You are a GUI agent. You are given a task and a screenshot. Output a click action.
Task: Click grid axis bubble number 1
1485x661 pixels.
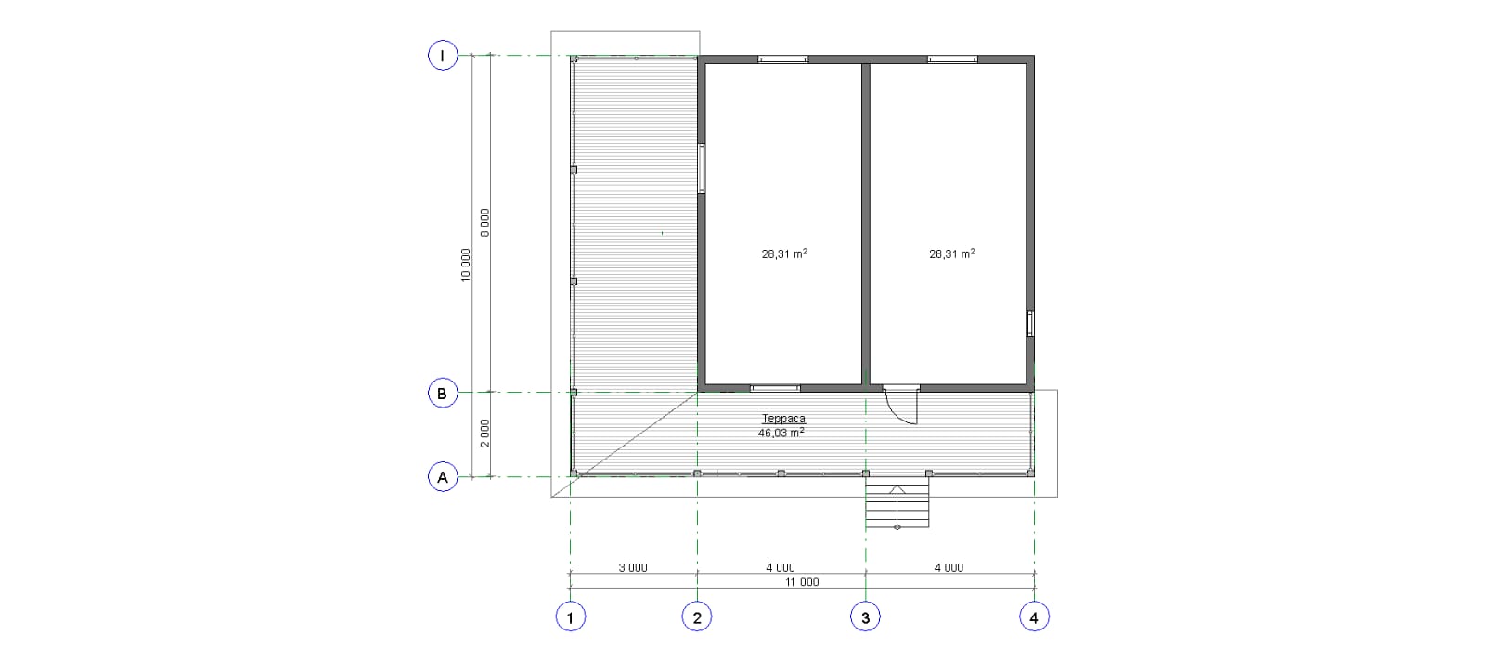(570, 617)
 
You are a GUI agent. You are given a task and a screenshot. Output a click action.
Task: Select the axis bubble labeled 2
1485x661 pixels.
(697, 617)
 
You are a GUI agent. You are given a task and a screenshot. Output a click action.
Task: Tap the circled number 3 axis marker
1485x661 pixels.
(865, 617)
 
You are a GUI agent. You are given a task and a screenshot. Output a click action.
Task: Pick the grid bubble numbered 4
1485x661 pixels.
(1034, 617)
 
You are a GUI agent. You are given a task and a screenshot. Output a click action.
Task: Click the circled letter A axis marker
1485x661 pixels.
(443, 476)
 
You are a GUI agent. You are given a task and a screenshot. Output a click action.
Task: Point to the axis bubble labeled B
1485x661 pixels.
(443, 393)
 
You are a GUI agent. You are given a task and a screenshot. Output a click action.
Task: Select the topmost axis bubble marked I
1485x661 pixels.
(443, 55)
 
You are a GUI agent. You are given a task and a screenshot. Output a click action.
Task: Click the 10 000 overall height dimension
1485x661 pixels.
(465, 266)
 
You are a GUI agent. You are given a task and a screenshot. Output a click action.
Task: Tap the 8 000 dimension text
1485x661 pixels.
(484, 223)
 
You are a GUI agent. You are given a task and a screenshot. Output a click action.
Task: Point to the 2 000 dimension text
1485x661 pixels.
(484, 433)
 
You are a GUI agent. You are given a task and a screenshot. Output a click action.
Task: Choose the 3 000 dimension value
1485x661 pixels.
(633, 567)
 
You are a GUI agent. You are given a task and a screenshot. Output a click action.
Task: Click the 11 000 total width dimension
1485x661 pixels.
(802, 582)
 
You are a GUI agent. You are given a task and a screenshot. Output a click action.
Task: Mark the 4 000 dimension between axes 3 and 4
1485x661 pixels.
(949, 567)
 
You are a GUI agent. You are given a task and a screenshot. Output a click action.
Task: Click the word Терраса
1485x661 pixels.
(783, 419)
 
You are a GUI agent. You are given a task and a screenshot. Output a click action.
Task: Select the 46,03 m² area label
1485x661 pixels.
(781, 433)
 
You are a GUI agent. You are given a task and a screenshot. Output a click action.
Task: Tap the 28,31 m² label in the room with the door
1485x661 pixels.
(952, 253)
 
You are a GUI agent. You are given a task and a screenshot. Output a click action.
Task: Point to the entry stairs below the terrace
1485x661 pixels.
(897, 502)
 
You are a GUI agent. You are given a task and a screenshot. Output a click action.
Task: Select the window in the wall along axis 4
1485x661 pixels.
(1030, 324)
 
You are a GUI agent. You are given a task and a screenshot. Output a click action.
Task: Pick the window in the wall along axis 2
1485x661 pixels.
(701, 168)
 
